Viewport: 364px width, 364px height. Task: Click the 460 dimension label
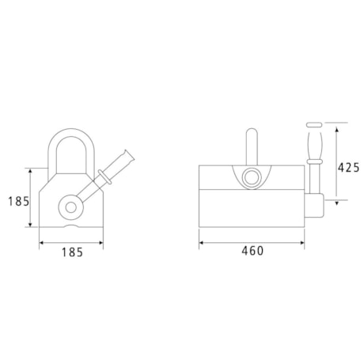click(x=252, y=252)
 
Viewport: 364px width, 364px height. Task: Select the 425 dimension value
click(x=348, y=167)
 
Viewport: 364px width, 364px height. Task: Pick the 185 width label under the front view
click(x=71, y=252)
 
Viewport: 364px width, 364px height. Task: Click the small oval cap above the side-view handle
click(x=311, y=124)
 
